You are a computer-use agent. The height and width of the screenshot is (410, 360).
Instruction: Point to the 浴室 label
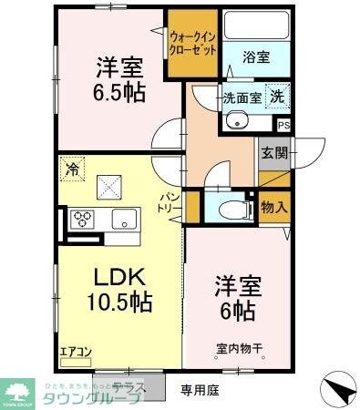tap(255, 56)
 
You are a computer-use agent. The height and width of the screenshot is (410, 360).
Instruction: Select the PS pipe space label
tap(283, 125)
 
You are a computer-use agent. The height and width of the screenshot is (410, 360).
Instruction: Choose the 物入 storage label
tap(274, 207)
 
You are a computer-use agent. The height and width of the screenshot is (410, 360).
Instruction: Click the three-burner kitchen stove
tap(84, 219)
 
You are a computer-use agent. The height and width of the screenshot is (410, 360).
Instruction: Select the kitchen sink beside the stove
tap(122, 219)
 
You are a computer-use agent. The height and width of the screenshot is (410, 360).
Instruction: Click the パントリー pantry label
tap(170, 201)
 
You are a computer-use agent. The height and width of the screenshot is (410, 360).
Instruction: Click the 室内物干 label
tap(240, 347)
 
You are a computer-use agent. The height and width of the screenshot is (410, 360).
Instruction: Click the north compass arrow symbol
tap(337, 389)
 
